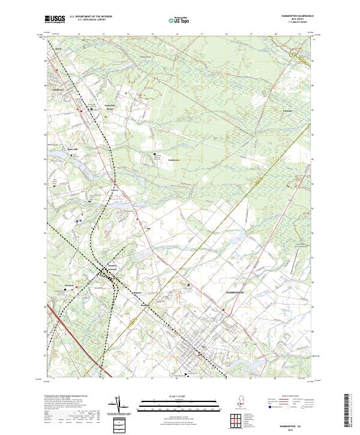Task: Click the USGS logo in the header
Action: tap(55, 20)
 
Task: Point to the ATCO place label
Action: tap(58, 46)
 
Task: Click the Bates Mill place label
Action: tap(72, 149)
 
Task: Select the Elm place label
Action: tap(148, 229)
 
